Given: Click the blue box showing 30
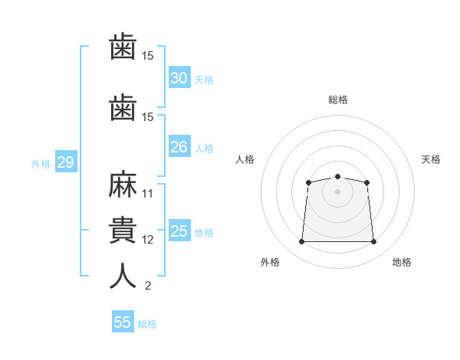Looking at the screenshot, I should pyautogui.click(x=179, y=78).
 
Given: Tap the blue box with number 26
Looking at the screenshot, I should pyautogui.click(x=179, y=146).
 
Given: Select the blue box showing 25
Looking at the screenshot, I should pyautogui.click(x=179, y=231).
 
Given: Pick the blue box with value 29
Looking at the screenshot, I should pyautogui.click(x=65, y=162).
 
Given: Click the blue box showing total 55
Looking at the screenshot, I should pyautogui.click(x=123, y=322).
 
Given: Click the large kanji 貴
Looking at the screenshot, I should pyautogui.click(x=123, y=231).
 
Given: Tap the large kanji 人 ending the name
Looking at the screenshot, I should pyautogui.click(x=123, y=276).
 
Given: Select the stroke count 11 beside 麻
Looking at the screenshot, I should pyautogui.click(x=148, y=194).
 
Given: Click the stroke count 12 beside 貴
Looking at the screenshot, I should pyautogui.click(x=148, y=240).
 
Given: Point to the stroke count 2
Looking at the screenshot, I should pyautogui.click(x=148, y=286).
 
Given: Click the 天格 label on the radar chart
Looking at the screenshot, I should pyautogui.click(x=431, y=159).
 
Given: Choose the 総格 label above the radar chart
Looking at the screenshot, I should pyautogui.click(x=337, y=100).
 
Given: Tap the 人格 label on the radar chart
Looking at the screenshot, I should pyautogui.click(x=245, y=159).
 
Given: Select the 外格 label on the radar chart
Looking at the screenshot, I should pyautogui.click(x=270, y=262).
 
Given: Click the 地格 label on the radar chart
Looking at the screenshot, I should pyautogui.click(x=402, y=262).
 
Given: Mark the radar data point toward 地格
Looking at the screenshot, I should pyautogui.click(x=373, y=242).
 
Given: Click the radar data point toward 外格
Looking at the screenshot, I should pyautogui.click(x=301, y=242).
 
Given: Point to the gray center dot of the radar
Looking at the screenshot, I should pyautogui.click(x=337, y=191).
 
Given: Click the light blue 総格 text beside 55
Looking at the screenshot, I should pyautogui.click(x=147, y=324).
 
